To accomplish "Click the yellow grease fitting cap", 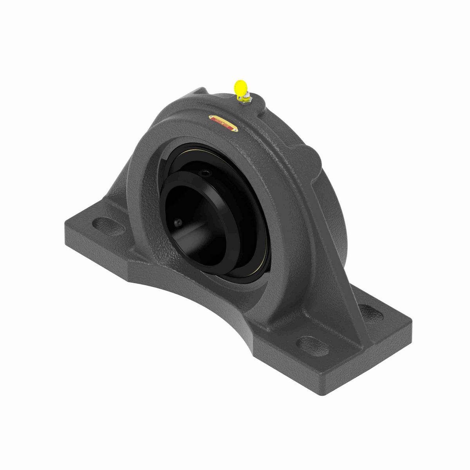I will [x=239, y=87].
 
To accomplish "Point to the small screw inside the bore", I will [x=179, y=222].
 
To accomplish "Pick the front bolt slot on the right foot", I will [x=309, y=344].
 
